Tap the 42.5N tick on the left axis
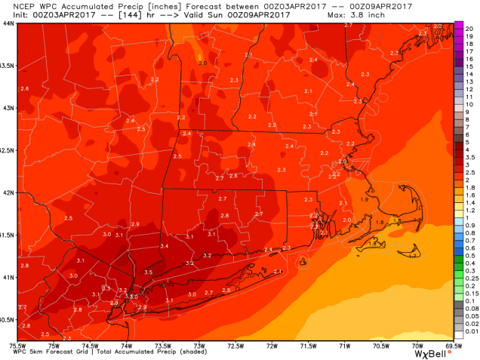click(8, 150)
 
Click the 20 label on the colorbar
click(468, 26)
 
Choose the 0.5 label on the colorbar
click(469, 253)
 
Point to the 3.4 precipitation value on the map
click(164, 247)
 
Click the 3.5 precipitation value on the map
click(148, 272)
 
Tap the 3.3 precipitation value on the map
click(106, 288)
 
